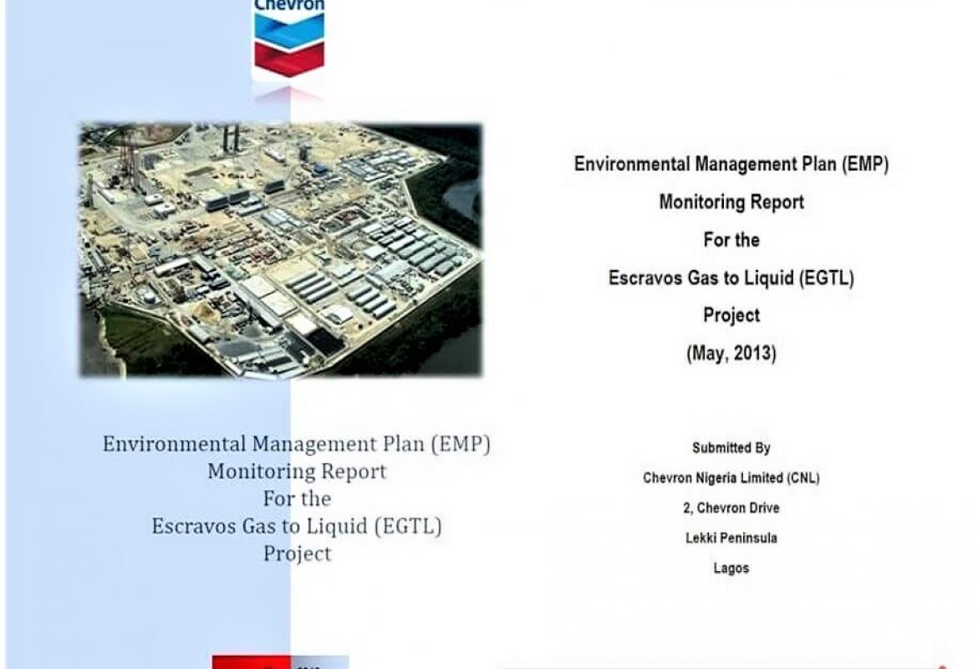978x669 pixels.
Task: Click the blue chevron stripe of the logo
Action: pyautogui.click(x=288, y=29)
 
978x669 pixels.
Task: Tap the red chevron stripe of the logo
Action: pyautogui.click(x=288, y=59)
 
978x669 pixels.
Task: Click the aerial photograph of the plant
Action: pyautogui.click(x=281, y=250)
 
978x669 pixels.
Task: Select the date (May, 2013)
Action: pyautogui.click(x=731, y=354)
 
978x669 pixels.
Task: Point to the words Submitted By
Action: pyautogui.click(x=731, y=448)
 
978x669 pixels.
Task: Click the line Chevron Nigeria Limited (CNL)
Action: pyautogui.click(x=731, y=478)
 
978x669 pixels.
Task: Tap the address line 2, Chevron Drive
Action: pyautogui.click(x=731, y=508)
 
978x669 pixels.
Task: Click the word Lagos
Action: pyautogui.click(x=731, y=569)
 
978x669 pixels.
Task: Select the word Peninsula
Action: pyautogui.click(x=749, y=539)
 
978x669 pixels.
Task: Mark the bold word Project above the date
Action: pyautogui.click(x=731, y=316)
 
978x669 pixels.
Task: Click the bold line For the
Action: pyautogui.click(x=731, y=241)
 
